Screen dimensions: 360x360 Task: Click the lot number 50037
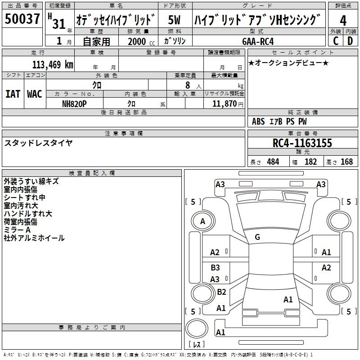pos(22,19)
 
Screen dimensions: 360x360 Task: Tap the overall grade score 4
pos(343,21)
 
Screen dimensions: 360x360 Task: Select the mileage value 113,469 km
pos(53,65)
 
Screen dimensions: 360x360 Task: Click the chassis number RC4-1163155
pos(302,143)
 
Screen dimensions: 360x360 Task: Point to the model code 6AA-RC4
pos(258,41)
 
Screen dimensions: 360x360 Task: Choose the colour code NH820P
pos(74,104)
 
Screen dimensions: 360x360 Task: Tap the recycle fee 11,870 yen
pos(228,104)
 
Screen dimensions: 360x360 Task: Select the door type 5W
pos(174,20)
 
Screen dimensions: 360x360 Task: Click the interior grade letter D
pos(350,41)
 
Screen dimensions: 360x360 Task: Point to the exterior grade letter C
pos(336,41)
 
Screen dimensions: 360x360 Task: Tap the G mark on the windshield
pos(257,237)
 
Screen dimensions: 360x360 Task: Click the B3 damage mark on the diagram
pos(215,267)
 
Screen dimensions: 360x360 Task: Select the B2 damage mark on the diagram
pos(221,292)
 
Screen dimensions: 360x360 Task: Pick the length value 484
pos(273,162)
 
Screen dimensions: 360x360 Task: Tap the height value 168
pos(346,162)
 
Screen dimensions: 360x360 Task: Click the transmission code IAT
pos(13,94)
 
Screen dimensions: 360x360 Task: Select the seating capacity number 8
pos(188,85)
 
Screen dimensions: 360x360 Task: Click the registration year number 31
pos(59,24)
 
